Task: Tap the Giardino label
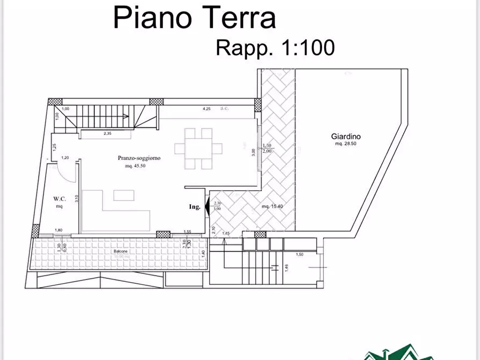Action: (x=346, y=136)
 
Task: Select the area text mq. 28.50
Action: (x=346, y=144)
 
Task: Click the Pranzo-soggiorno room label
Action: (x=139, y=158)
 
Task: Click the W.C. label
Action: (x=59, y=198)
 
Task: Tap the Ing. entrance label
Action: (x=194, y=207)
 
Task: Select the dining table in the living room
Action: (x=198, y=148)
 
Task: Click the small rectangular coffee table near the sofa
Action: (x=124, y=195)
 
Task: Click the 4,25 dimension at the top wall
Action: (x=206, y=109)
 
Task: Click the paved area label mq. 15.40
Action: (x=272, y=206)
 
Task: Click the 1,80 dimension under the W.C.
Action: (x=59, y=230)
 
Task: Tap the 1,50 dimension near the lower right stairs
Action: (x=300, y=254)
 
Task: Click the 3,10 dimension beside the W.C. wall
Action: (x=77, y=198)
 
